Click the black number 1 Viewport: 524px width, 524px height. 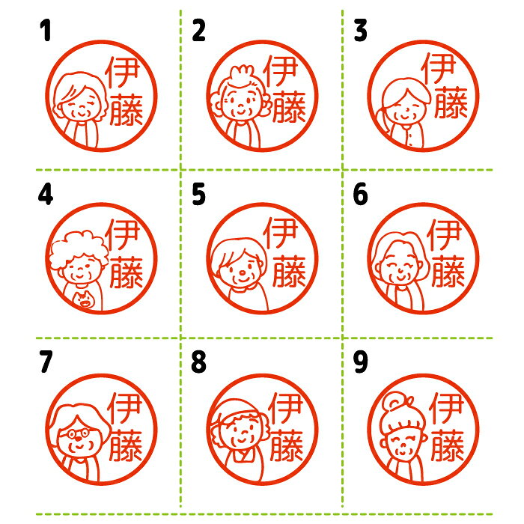[x=46, y=30]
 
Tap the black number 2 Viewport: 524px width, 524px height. [x=198, y=30]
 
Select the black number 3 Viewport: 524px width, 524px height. [x=361, y=30]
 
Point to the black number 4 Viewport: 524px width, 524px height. [x=46, y=194]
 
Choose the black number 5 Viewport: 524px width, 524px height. [x=198, y=194]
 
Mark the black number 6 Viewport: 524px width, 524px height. [x=361, y=194]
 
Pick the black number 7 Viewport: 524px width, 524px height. [x=46, y=362]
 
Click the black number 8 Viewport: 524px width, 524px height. [x=198, y=362]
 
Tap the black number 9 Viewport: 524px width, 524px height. [x=361, y=362]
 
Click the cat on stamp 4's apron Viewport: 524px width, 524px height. [x=84, y=299]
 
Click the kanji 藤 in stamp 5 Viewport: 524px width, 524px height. [x=290, y=271]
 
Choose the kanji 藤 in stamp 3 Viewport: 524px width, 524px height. [x=451, y=103]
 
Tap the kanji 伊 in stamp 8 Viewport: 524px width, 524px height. [x=285, y=409]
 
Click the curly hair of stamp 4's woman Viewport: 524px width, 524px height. [x=79, y=249]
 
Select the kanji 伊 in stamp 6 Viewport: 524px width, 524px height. [x=444, y=234]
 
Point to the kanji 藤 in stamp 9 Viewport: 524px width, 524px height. [x=448, y=446]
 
